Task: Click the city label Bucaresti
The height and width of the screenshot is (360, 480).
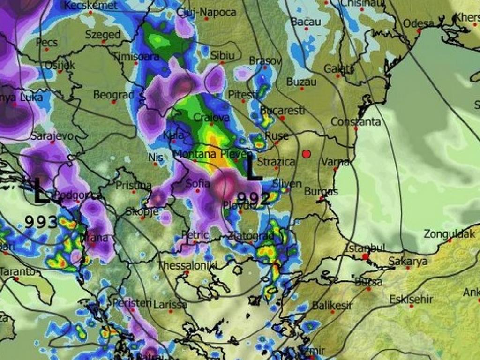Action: pos(282,111)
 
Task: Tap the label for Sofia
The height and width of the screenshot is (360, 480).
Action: pos(197,184)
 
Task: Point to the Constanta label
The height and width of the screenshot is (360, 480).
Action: pos(356,122)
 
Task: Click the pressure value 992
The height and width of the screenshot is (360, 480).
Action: pos(253,198)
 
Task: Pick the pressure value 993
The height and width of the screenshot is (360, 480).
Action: pos(41,222)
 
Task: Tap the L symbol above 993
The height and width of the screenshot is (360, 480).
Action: pos(41,191)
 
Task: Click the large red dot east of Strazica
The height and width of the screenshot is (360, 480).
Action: pos(307,154)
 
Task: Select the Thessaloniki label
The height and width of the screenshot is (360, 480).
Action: pos(187,265)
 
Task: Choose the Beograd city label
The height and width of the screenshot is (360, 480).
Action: pos(113,95)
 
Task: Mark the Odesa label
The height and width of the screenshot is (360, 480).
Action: pos(418,23)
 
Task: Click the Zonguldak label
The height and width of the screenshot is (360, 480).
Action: pos(449,234)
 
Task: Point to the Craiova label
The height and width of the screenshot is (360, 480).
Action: pos(211,117)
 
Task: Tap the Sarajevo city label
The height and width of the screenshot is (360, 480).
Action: pos(52,136)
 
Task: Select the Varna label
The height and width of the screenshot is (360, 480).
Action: pos(336,162)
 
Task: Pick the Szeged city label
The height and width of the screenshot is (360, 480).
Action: pos(103,35)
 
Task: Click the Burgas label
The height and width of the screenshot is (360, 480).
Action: pos(321,191)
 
